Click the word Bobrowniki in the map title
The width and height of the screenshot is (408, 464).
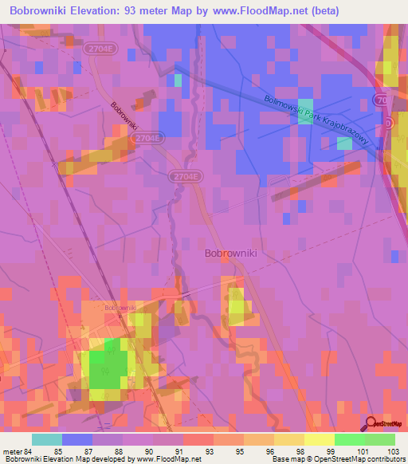click(x=41, y=11)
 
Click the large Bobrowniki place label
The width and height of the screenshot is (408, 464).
click(x=230, y=254)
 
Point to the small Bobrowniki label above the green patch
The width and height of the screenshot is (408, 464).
click(x=120, y=307)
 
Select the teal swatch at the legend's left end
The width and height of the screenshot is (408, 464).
click(x=46, y=439)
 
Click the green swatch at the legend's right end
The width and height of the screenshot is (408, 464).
click(x=379, y=439)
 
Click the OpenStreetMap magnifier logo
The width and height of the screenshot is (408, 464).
click(x=370, y=424)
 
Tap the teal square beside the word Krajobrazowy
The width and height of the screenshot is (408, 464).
click(x=344, y=143)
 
